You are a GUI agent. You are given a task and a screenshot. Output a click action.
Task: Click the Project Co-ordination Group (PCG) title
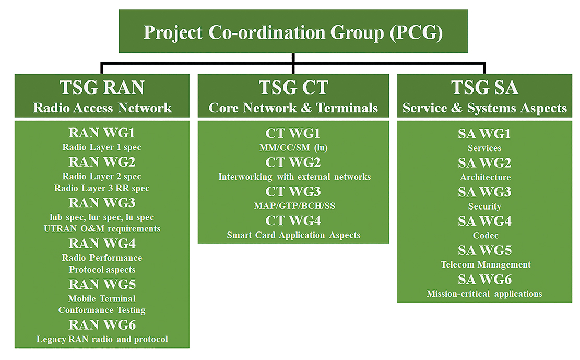click(x=293, y=32)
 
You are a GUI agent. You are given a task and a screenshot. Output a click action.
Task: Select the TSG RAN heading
click(x=102, y=87)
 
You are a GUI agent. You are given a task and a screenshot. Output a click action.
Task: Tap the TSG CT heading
click(x=293, y=87)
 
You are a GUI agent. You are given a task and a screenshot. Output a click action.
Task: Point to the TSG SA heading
click(x=484, y=87)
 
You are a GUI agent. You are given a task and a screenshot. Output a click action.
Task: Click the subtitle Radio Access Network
click(x=102, y=108)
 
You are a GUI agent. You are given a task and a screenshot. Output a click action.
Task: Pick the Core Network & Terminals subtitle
click(x=293, y=108)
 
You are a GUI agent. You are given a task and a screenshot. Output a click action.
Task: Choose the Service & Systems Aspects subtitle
click(x=484, y=108)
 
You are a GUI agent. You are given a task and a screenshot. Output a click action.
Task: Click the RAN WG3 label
click(x=102, y=203)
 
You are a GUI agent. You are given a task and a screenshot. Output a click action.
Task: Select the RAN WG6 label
click(x=102, y=325)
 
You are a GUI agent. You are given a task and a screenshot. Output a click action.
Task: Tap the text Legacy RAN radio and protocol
click(x=102, y=339)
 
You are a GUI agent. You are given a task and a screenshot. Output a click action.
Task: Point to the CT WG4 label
click(x=293, y=220)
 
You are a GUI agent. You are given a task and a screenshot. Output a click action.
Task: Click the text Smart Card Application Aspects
click(x=293, y=235)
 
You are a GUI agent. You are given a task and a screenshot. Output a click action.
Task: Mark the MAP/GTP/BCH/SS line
click(x=294, y=206)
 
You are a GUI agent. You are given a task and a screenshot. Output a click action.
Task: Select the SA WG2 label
click(x=484, y=163)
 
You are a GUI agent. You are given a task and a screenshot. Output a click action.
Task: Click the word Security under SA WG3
click(x=484, y=206)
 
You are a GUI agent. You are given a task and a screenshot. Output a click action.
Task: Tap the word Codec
click(x=486, y=236)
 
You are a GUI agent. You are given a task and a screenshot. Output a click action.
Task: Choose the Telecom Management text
click(x=486, y=265)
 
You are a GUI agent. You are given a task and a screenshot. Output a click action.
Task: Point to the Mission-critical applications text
click(x=484, y=294)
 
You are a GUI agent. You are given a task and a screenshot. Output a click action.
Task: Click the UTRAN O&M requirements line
click(x=102, y=228)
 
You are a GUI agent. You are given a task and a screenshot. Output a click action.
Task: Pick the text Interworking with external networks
click(x=294, y=177)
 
